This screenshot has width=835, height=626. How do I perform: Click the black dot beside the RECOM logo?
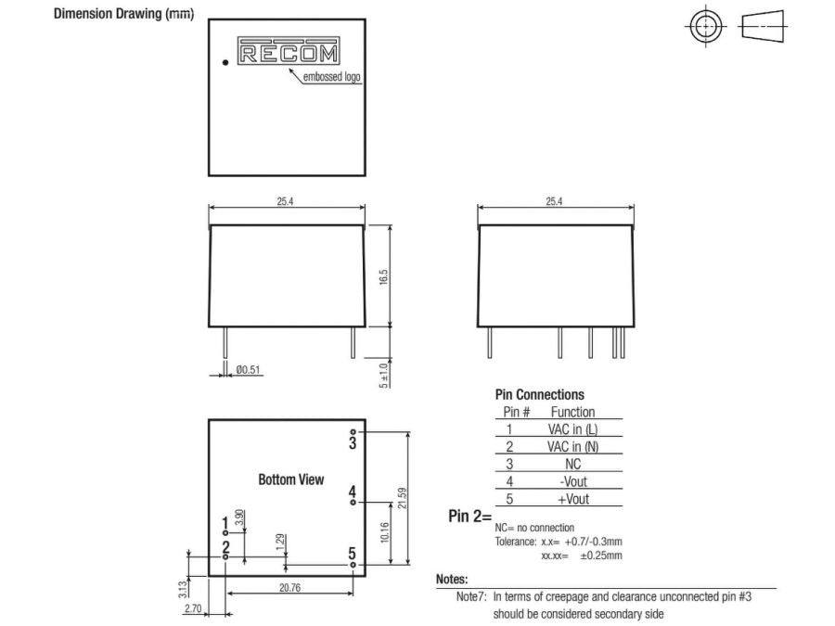pos(225,63)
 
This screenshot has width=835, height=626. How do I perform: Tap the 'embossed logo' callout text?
pos(332,78)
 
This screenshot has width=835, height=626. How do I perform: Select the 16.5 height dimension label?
pos(383,276)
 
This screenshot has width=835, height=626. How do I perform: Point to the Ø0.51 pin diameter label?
pos(250,370)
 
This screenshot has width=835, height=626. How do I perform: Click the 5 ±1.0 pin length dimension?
pos(384,374)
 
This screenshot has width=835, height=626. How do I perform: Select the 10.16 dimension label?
pos(384,532)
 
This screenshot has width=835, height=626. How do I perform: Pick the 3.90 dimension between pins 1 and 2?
pos(240,517)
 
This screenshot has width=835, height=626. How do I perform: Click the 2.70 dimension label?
pos(193,608)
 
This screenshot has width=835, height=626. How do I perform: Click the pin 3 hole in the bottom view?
pos(353,432)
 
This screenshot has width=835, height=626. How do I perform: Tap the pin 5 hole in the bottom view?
pos(353,563)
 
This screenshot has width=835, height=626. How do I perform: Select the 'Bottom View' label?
pos(291,479)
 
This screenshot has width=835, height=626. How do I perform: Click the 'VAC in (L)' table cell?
pos(572,428)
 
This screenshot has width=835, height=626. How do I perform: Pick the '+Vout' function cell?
pos(572,499)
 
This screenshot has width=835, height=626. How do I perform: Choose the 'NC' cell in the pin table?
pos(572,464)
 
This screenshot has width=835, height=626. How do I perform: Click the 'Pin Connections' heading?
pos(540,394)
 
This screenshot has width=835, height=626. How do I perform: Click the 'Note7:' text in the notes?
pos(471,597)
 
